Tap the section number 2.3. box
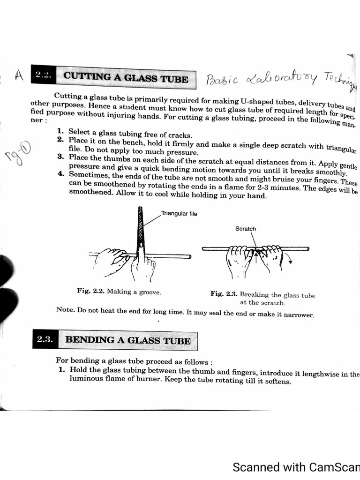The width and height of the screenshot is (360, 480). [x=45, y=340]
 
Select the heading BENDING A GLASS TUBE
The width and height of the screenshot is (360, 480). [x=127, y=341]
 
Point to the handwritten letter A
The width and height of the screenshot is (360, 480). [x=19, y=75]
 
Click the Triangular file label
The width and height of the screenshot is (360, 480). [x=179, y=214]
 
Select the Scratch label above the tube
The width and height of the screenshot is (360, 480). [x=246, y=229]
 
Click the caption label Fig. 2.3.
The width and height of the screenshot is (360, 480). [x=224, y=294]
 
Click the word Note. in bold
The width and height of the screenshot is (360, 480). [x=65, y=309]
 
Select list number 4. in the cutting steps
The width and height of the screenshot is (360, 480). [x=61, y=174]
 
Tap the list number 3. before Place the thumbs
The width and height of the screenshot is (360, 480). [x=60, y=157]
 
